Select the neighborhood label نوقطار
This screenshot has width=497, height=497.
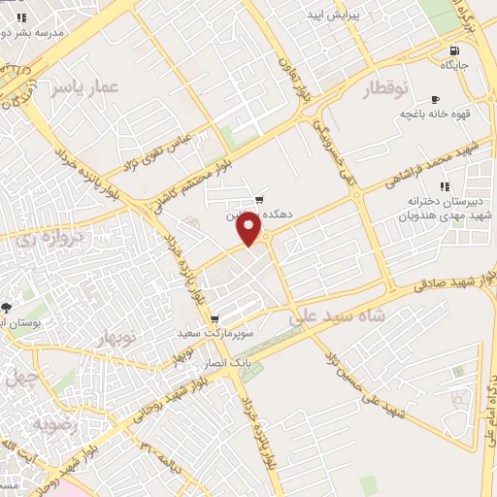[x=385, y=89]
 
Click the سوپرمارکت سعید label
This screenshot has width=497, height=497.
[x=215, y=333]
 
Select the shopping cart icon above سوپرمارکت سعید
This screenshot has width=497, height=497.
[x=215, y=318]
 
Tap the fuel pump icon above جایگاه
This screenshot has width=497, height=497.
[x=452, y=50]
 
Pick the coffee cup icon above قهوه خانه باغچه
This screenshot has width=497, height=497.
[x=434, y=99]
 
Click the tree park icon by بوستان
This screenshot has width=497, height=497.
[x=6, y=307]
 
